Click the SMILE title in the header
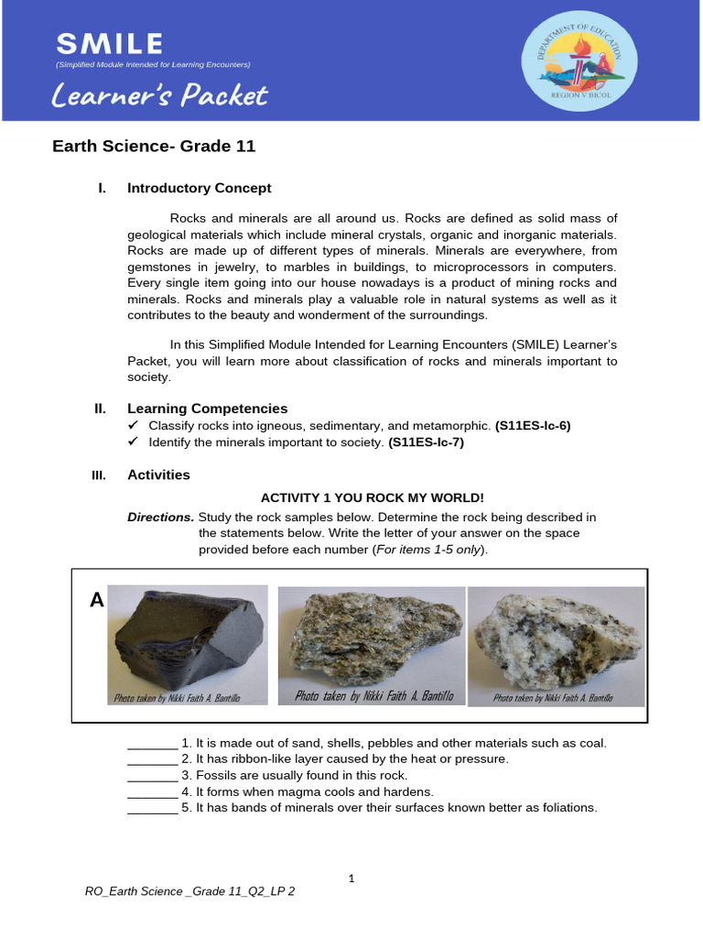109,43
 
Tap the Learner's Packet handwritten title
159,95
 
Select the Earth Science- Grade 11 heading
154,146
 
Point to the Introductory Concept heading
199,188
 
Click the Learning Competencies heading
207,409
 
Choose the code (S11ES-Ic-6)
533,426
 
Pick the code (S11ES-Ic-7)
426,442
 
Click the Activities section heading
158,474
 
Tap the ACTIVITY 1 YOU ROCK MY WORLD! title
373,497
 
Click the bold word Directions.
161,517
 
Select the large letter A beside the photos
96,600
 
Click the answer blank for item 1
151,744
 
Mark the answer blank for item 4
151,792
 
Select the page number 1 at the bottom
351,879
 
